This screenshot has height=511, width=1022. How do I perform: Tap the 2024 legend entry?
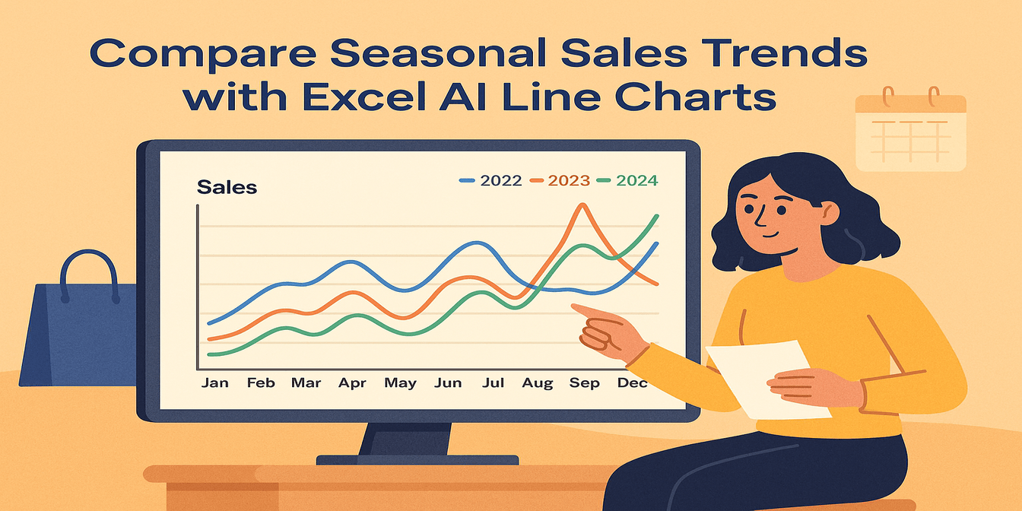[x=627, y=180]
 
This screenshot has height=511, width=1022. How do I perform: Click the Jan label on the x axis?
[x=214, y=382]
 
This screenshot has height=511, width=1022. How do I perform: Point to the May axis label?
[x=400, y=382]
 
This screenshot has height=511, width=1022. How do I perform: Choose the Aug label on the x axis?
[x=538, y=382]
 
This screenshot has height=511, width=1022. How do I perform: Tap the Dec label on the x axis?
[x=632, y=382]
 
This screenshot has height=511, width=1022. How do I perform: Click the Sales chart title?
[x=227, y=186]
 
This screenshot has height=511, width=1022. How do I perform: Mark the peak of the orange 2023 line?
[x=582, y=205]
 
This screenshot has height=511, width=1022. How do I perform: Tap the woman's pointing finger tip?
[x=574, y=306]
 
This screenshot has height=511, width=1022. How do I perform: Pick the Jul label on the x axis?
[x=493, y=382]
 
